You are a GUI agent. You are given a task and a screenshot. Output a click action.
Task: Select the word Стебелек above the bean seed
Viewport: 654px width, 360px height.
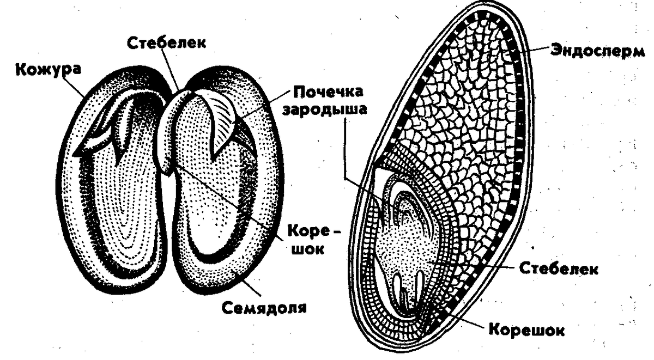pyautogui.click(x=166, y=42)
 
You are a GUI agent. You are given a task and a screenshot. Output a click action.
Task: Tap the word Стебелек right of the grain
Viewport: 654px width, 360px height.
pyautogui.click(x=559, y=269)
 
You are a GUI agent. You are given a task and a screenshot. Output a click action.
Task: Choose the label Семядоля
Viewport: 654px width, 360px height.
pyautogui.click(x=264, y=308)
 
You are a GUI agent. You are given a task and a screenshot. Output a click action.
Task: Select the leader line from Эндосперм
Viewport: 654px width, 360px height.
pyautogui.click(x=531, y=49)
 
